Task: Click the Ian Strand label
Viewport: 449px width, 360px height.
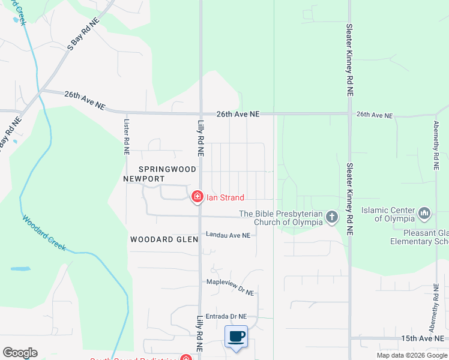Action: pyautogui.click(x=225, y=197)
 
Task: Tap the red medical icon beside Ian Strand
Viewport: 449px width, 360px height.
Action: pyautogui.click(x=197, y=197)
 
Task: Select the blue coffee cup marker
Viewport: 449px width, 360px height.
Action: pyautogui.click(x=236, y=336)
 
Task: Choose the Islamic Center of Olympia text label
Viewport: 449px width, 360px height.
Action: pyautogui.click(x=388, y=214)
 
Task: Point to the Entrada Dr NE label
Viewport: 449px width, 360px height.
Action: pyautogui.click(x=226, y=316)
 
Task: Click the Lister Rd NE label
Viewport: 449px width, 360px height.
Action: pyautogui.click(x=126, y=137)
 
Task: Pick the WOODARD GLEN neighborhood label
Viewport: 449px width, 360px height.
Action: pyautogui.click(x=164, y=239)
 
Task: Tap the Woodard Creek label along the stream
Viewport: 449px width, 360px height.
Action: pyautogui.click(x=45, y=232)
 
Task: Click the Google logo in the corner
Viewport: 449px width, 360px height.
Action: pyautogui.click(x=20, y=353)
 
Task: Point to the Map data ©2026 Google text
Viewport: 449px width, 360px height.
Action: pyautogui.click(x=412, y=355)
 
